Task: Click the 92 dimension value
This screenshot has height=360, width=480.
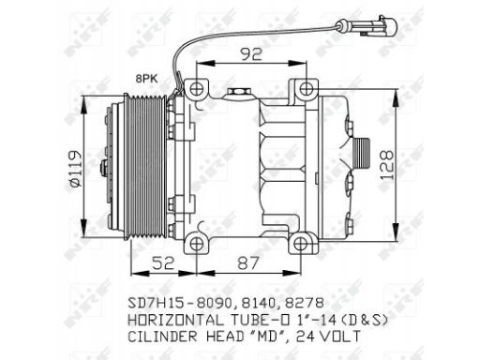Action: tap(251, 53)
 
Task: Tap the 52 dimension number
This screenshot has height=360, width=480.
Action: tap(162, 263)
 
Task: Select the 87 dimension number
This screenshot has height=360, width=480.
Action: tap(248, 263)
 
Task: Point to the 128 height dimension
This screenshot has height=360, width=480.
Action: tap(386, 166)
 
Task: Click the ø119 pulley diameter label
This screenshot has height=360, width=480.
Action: tap(75, 169)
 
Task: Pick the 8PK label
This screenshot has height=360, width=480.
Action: tap(146, 79)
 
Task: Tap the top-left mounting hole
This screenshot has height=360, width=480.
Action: tap(196, 89)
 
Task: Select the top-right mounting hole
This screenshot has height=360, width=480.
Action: tap(304, 89)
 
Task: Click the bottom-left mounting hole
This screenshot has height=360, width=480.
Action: tap(196, 244)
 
